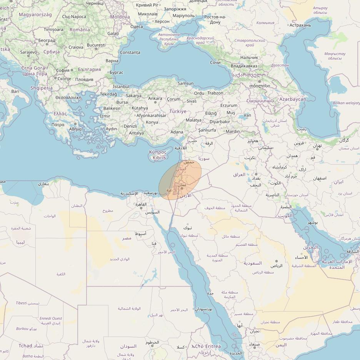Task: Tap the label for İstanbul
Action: (x=121, y=87)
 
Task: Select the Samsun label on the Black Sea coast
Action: (x=185, y=83)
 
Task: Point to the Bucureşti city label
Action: (x=96, y=45)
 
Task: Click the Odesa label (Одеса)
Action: (x=137, y=27)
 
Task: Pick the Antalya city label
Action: (x=136, y=133)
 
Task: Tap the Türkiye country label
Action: (x=178, y=111)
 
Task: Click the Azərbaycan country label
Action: (x=293, y=99)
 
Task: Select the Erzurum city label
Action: (x=229, y=105)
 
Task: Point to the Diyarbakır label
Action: (x=220, y=122)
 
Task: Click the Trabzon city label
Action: (x=215, y=93)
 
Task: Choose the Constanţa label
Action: (x=130, y=52)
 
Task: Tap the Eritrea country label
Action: (x=213, y=346)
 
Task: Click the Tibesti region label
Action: (x=22, y=303)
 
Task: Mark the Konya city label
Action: (x=152, y=122)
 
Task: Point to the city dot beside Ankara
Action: (x=155, y=103)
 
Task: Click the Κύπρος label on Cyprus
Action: (x=158, y=152)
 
